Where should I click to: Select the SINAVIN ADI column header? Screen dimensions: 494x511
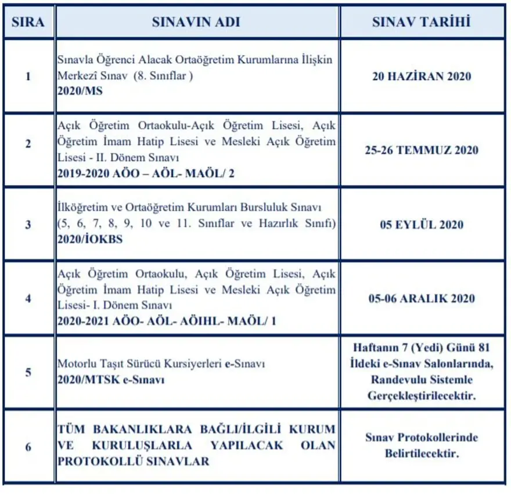[x=196, y=22]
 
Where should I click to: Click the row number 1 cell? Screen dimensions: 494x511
[x=28, y=76]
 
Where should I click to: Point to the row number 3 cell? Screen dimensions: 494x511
[x=28, y=224]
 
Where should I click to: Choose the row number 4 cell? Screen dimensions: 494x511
[x=28, y=298]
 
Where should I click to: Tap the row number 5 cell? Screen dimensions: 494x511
[x=28, y=372]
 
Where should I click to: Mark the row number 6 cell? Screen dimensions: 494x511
[x=28, y=446]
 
